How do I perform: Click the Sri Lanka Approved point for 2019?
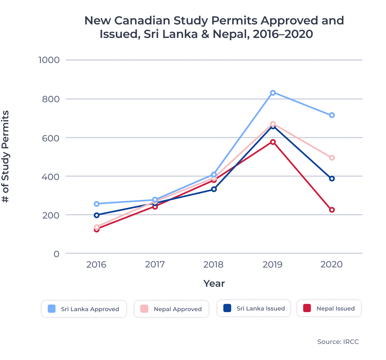tap(273, 93)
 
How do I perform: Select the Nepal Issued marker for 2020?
tap(332, 210)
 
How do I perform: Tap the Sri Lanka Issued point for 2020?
tap(332, 179)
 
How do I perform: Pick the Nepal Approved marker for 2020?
tap(332, 158)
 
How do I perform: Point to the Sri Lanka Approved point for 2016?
tap(96, 204)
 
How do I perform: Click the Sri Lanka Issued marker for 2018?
tap(214, 189)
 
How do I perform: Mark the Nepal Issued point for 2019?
tap(273, 142)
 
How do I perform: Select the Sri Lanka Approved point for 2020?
tap(332, 115)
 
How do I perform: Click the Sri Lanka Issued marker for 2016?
tap(96, 215)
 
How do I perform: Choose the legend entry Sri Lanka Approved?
tap(84, 309)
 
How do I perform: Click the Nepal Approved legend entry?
tap(171, 309)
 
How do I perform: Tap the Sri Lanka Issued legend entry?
tap(254, 309)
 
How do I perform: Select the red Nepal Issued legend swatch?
tap(307, 308)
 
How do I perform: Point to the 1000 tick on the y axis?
tap(49, 60)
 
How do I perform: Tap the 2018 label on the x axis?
tap(213, 265)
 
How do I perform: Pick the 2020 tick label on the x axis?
tap(332, 265)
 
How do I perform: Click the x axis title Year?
tap(214, 283)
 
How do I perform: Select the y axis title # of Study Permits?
tap(5, 157)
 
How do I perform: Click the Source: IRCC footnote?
tap(338, 342)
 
